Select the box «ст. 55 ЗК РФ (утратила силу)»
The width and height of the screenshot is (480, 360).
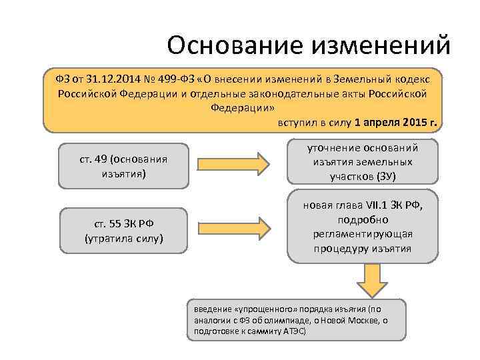tap(123, 230)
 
